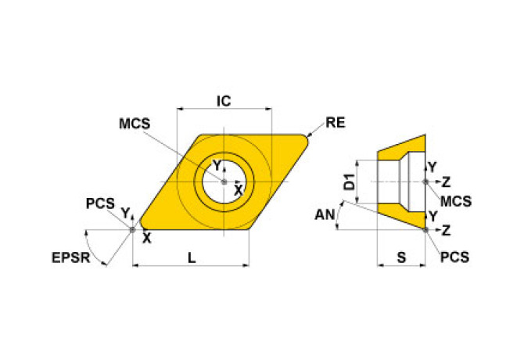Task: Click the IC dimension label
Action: pos(224,101)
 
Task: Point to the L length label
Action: pos(191,257)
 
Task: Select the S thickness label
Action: pos(401,257)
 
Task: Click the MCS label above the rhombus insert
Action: pos(135,124)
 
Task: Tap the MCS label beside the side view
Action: pos(455,200)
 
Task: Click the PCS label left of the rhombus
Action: pos(100,204)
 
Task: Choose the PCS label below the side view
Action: pos(454,257)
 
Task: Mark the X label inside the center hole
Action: pos(239,189)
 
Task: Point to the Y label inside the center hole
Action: pos(218,165)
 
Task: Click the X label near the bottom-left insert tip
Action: pos(146,239)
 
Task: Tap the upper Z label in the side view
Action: pos(446,182)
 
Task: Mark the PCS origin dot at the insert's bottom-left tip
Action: pos(132,229)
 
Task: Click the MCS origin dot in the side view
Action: pos(425,182)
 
